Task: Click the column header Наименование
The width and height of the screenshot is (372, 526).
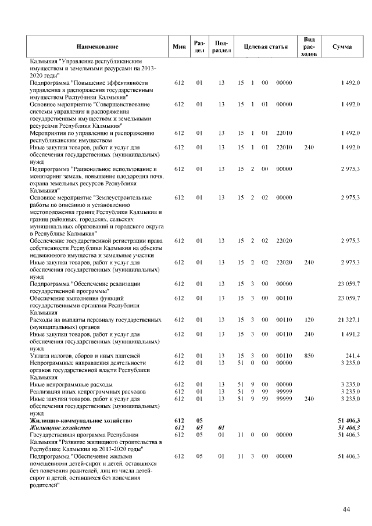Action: tap(97, 46)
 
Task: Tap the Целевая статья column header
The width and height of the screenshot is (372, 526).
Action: tap(265, 46)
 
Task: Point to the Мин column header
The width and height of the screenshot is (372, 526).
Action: tap(179, 46)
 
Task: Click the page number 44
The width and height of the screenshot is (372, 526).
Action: tap(346, 510)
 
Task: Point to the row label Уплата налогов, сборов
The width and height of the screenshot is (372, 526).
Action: tap(69, 355)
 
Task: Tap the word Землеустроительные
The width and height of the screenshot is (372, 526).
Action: tap(125, 198)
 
